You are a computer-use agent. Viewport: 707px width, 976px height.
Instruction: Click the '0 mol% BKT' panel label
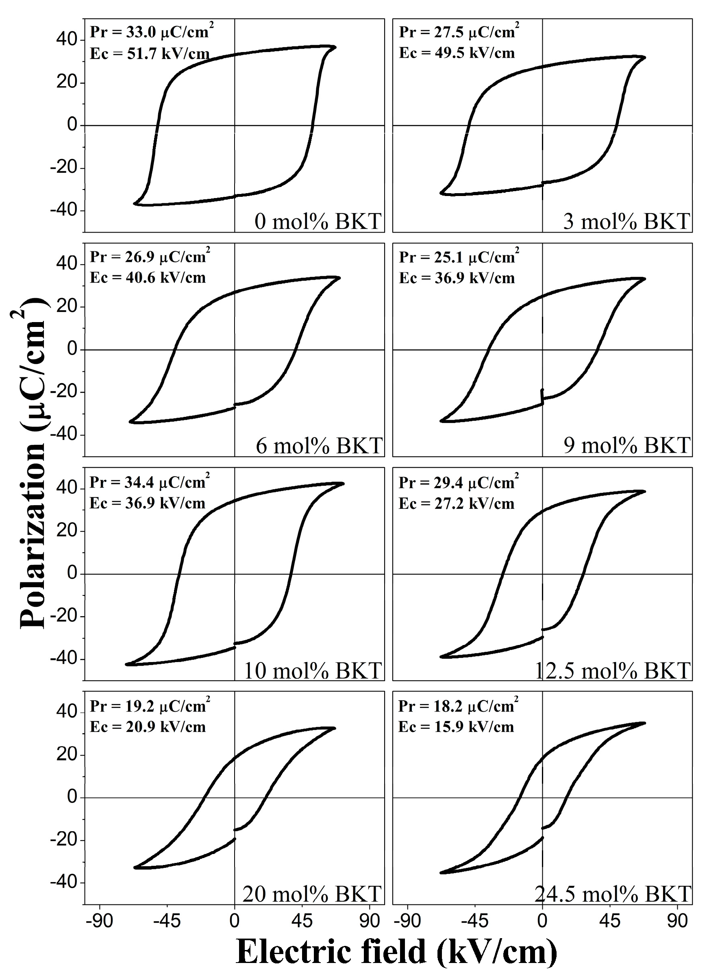tap(318, 221)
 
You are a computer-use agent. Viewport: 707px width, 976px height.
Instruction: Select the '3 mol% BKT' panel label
tap(627, 221)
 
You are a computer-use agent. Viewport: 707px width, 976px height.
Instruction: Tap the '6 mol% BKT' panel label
tap(319, 445)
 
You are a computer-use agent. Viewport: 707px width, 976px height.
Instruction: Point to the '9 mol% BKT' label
tap(627, 445)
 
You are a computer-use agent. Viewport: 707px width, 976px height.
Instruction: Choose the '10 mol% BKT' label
tap(313, 671)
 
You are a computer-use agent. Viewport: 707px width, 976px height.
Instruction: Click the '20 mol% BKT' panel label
tap(312, 894)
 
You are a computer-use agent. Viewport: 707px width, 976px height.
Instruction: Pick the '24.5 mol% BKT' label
tap(612, 894)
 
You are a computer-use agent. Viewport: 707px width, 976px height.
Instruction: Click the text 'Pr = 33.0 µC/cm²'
tap(152, 32)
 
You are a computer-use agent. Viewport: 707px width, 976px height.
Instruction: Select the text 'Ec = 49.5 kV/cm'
tap(457, 53)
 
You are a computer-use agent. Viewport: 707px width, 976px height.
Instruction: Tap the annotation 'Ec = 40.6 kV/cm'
tap(148, 278)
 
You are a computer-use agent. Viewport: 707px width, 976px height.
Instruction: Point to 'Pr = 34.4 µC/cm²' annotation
tap(149, 482)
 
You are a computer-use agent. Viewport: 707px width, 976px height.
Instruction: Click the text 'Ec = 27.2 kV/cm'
tap(456, 503)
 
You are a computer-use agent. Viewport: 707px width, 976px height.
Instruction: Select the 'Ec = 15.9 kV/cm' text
tap(456, 727)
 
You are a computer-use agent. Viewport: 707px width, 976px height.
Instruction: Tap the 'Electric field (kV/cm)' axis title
tap(396, 952)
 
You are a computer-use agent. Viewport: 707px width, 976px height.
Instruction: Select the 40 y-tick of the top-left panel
tap(66, 40)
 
